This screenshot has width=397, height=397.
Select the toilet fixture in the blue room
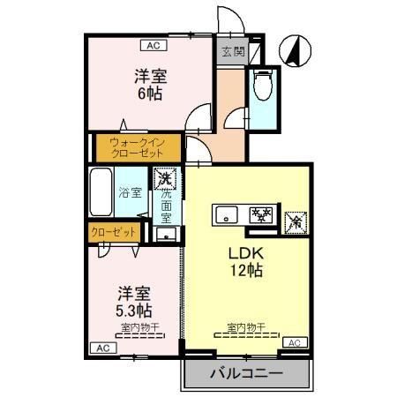pyautogui.click(x=261, y=86)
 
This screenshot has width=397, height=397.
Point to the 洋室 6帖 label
pyautogui.click(x=150, y=84)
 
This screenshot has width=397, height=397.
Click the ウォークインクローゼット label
pyautogui.click(x=137, y=146)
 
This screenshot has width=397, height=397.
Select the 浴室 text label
pyautogui.click(x=131, y=192)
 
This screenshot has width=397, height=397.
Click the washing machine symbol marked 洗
pyautogui.click(x=164, y=179)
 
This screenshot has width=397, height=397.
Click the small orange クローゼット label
pyautogui.click(x=115, y=233)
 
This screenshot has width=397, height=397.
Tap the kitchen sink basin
pyautogui.click(x=226, y=213)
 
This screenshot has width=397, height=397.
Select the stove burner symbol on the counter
pyautogui.click(x=260, y=213)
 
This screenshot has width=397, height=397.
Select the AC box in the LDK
pyautogui.click(x=295, y=342)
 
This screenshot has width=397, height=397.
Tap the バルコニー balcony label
pyautogui.click(x=246, y=374)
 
